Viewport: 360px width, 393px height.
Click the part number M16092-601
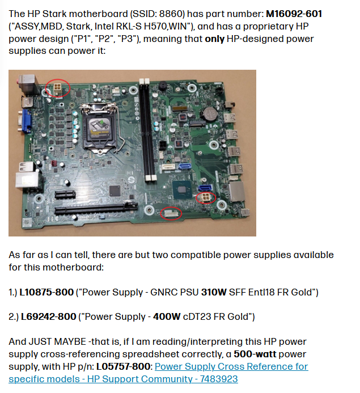click(x=294, y=14)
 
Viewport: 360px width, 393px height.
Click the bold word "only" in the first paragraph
click(x=214, y=39)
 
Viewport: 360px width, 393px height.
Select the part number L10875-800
click(x=46, y=292)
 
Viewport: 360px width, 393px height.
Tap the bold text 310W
click(x=214, y=292)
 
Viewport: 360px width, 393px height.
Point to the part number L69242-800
click(x=48, y=316)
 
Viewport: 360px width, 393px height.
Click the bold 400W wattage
click(x=167, y=316)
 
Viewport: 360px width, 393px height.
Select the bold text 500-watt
click(x=255, y=354)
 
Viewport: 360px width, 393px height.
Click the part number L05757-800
click(x=123, y=366)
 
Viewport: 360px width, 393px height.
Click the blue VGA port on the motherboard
click(x=27, y=121)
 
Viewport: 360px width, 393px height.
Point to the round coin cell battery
click(x=210, y=115)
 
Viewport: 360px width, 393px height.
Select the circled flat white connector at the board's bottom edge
click(x=171, y=214)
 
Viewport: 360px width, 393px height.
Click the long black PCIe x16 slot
click(x=96, y=209)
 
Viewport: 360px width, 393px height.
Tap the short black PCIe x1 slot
click(x=65, y=195)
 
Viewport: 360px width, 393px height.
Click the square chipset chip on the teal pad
click(x=182, y=190)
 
